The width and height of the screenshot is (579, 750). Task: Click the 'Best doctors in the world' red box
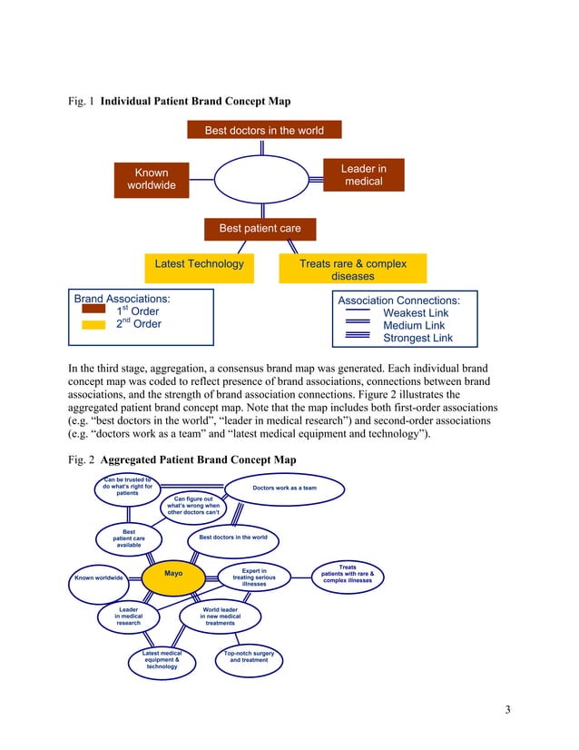(263, 131)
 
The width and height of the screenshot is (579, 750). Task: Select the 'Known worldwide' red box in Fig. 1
(152, 180)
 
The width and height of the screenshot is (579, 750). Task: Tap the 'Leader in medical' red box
(362, 175)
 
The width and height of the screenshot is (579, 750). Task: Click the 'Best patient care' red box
(260, 228)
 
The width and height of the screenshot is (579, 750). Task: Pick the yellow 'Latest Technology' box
(199, 264)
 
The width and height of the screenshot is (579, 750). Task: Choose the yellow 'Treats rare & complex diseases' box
(352, 270)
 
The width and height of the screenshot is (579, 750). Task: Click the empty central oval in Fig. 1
(260, 180)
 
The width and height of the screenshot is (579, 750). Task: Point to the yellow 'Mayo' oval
(173, 575)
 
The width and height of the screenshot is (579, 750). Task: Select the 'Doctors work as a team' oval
(284, 488)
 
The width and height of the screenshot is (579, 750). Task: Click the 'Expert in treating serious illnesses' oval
(254, 577)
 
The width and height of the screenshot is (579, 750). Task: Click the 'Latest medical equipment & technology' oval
(162, 660)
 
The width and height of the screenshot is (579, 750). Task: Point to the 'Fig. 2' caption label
(82, 461)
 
